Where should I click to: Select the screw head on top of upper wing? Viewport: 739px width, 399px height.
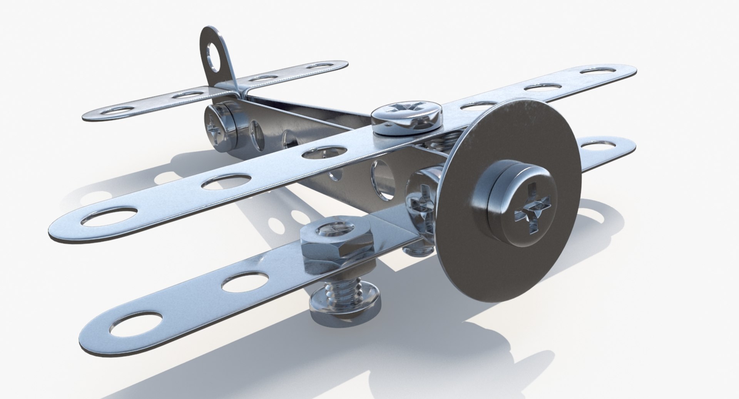(x=406, y=115)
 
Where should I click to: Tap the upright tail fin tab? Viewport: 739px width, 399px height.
(x=216, y=58)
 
